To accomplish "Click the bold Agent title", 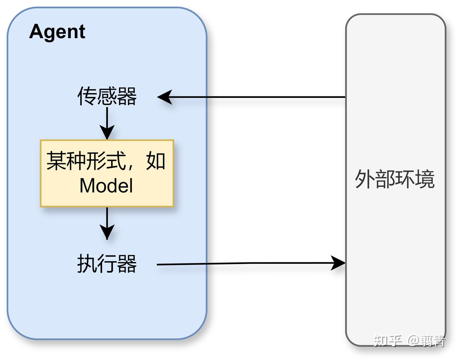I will pyautogui.click(x=57, y=32).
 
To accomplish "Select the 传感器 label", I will pyautogui.click(x=107, y=96).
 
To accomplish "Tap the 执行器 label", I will pyautogui.click(x=107, y=264).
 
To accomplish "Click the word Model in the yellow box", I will pyautogui.click(x=106, y=186).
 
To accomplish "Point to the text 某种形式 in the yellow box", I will pyautogui.click(x=86, y=161).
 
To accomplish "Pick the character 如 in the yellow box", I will pyautogui.click(x=156, y=161).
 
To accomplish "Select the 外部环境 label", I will pyautogui.click(x=395, y=179).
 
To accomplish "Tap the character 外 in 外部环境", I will pyautogui.click(x=364, y=179).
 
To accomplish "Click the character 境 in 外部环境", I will pyautogui.click(x=425, y=179).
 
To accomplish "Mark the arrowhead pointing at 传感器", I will pyautogui.click(x=165, y=97).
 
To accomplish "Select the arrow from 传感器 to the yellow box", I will pyautogui.click(x=107, y=122).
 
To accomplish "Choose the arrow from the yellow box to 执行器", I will pyautogui.click(x=107, y=223).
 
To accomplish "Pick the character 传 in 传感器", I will pyautogui.click(x=87, y=96).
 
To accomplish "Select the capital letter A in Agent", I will pyautogui.click(x=36, y=31).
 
